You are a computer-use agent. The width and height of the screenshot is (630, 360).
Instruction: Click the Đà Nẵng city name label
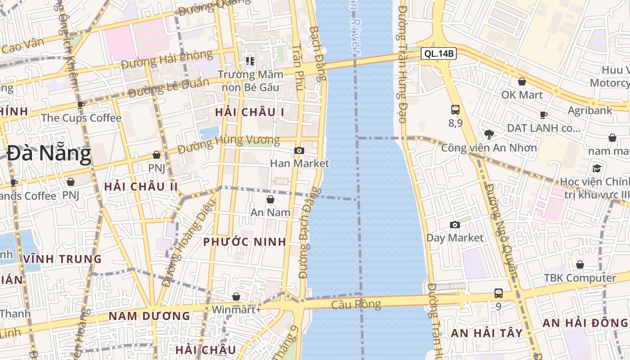tap(49, 154)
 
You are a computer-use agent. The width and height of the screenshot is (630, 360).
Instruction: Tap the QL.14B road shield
tap(439, 54)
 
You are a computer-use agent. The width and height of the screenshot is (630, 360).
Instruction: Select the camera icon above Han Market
tap(299, 150)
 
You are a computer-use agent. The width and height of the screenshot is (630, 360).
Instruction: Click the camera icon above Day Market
tap(455, 225)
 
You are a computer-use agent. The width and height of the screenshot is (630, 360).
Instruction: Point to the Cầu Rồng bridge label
tap(356, 305)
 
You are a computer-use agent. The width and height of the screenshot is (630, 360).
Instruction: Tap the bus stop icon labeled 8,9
tap(455, 109)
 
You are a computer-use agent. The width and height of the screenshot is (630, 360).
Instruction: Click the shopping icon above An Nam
tap(270, 199)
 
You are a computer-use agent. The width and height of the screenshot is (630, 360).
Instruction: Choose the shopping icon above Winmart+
tap(236, 297)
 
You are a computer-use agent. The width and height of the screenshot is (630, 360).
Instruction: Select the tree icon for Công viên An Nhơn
tap(489, 134)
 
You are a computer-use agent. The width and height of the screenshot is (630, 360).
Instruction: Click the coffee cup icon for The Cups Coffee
tap(81, 105)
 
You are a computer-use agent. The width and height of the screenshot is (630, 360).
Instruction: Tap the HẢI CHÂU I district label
tap(249, 112)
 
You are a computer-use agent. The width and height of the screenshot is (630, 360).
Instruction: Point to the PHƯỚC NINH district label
tap(245, 242)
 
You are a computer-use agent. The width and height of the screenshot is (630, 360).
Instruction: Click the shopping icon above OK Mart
tap(522, 81)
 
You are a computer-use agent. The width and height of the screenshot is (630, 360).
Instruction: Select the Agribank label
tap(590, 110)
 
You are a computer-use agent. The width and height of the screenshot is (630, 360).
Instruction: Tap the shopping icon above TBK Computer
tap(580, 265)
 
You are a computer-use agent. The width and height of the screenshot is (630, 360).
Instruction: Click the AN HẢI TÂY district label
tap(487, 333)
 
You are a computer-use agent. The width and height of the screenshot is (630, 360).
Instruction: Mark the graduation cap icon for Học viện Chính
tap(597, 168)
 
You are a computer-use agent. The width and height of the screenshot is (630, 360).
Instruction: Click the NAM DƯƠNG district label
tap(149, 316)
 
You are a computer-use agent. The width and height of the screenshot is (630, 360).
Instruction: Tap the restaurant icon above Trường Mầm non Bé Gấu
tap(250, 61)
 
